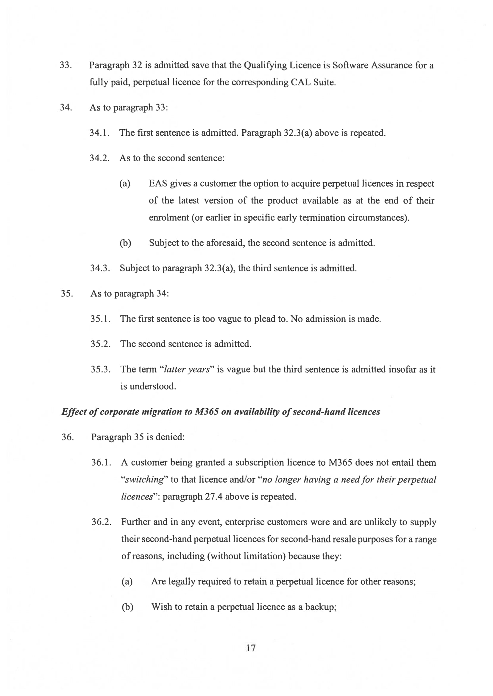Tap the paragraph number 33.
point(65,65)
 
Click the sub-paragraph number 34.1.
point(99,133)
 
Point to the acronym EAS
point(157,184)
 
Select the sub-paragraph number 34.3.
point(100,268)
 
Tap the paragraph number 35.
point(67,293)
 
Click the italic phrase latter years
point(187,369)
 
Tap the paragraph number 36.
point(67,437)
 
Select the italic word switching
point(144,479)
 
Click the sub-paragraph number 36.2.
point(102,522)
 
